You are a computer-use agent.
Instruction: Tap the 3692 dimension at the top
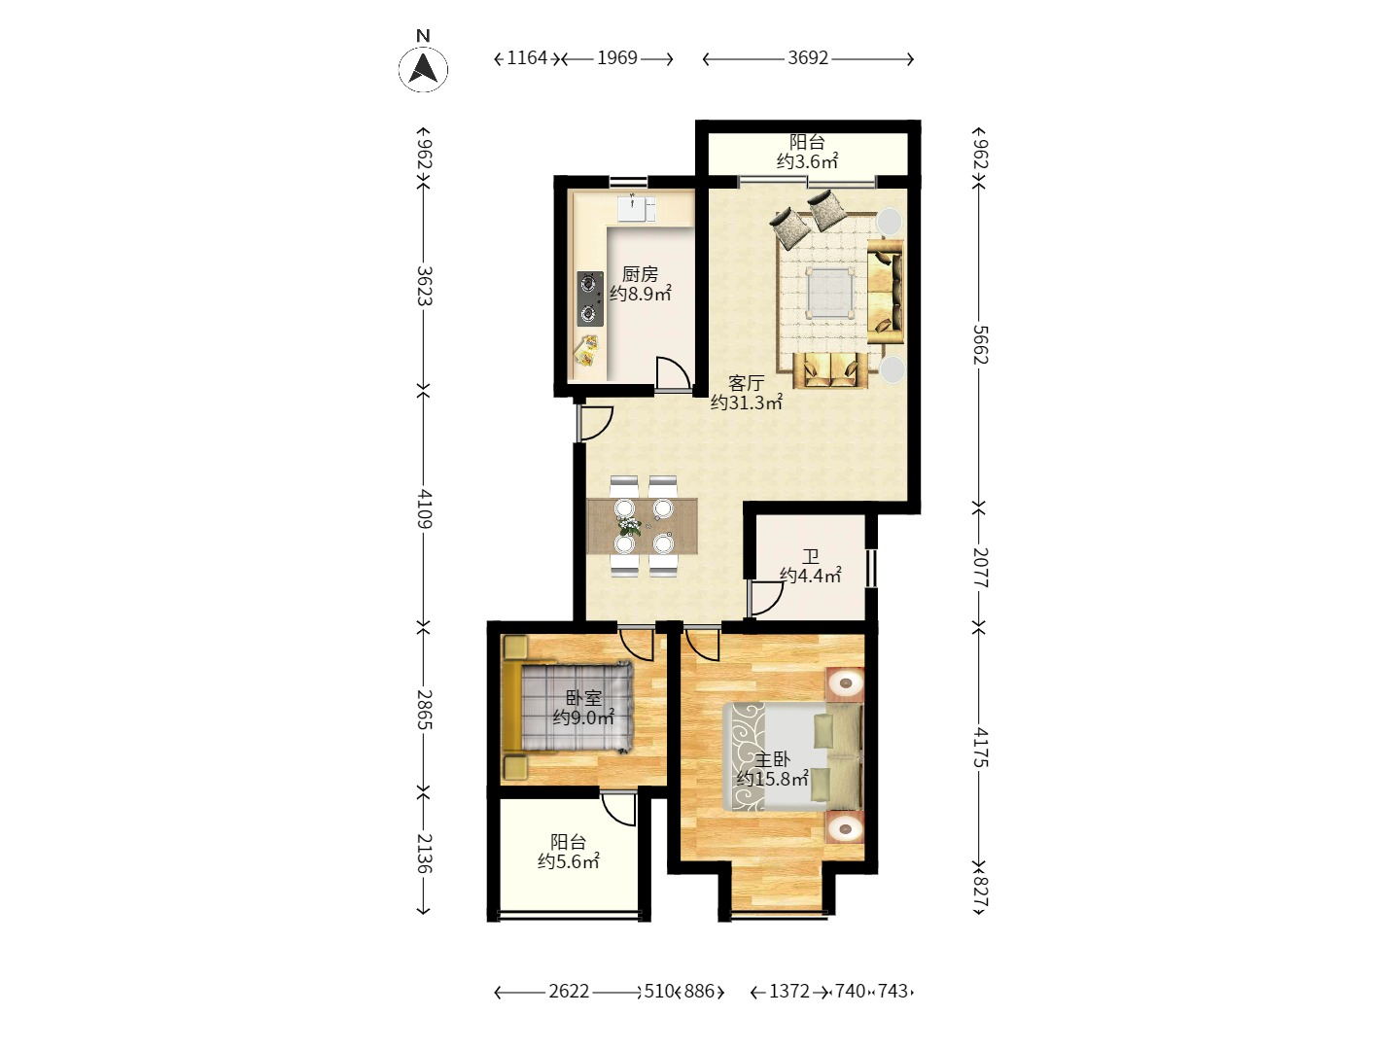[808, 58]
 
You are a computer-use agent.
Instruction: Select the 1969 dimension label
[616, 58]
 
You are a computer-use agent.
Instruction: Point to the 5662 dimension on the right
[980, 344]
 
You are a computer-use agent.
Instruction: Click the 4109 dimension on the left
[423, 508]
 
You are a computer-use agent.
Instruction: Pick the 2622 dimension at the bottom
[569, 992]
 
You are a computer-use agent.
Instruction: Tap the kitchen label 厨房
[640, 274]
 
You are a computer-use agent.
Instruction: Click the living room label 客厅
[746, 383]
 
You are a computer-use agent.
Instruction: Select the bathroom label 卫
[810, 556]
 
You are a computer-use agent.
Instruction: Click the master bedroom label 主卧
[773, 759]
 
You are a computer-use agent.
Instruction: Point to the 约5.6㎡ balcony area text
[569, 861]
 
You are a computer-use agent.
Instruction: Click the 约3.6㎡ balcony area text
[807, 161]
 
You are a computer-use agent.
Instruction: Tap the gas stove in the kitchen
[589, 298]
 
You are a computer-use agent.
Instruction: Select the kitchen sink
[637, 208]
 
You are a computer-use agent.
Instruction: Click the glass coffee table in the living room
[831, 291]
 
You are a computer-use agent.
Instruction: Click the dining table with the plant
[642, 526]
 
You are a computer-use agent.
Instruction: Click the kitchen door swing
[673, 374]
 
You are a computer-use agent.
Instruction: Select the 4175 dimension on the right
[980, 747]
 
